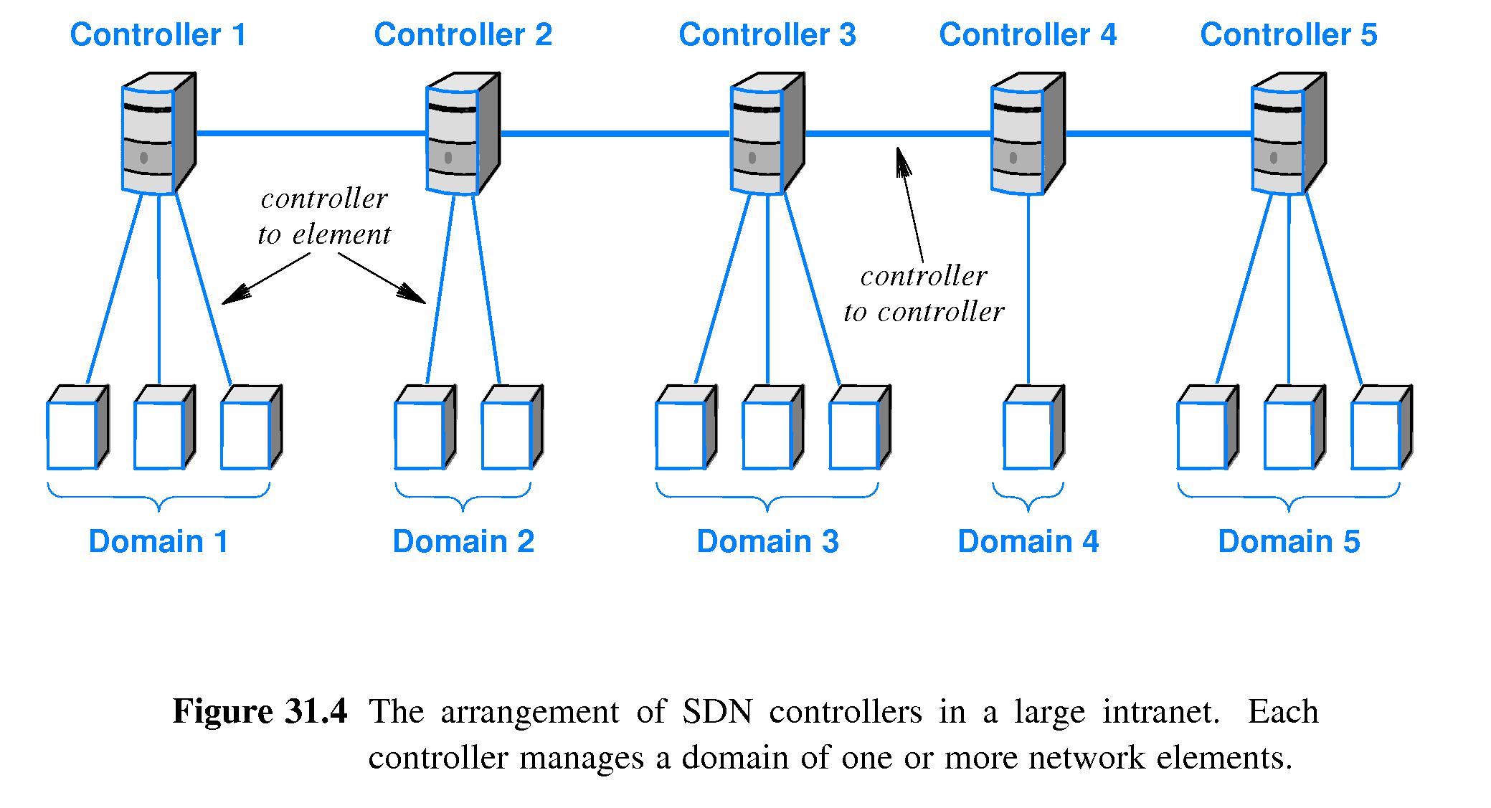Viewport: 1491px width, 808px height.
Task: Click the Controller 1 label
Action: coord(158,34)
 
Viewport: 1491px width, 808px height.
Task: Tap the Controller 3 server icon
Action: coord(766,134)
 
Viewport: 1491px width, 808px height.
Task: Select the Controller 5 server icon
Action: coord(1287,134)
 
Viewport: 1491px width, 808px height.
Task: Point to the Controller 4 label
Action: coord(1027,34)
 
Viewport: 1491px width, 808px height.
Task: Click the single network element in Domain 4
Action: coord(1032,429)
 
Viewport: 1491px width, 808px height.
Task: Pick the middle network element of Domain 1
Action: coord(163,429)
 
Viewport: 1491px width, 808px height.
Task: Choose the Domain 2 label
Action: coord(463,541)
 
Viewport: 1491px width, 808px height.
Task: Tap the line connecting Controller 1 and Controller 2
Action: coord(311,133)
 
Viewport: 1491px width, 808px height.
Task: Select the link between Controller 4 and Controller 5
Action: coord(1158,133)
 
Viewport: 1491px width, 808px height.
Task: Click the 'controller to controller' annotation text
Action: coord(923,294)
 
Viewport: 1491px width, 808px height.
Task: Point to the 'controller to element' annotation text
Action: coord(324,217)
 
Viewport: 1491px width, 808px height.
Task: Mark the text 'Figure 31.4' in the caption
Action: coord(260,712)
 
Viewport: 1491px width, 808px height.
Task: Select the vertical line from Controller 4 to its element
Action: coord(1028,287)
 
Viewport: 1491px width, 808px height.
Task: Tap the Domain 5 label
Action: coord(1288,541)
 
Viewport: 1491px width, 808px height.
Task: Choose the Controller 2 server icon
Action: coord(461,134)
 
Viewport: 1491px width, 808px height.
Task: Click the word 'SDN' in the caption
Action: coord(717,712)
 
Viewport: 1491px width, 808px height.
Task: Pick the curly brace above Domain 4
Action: coord(1028,497)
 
